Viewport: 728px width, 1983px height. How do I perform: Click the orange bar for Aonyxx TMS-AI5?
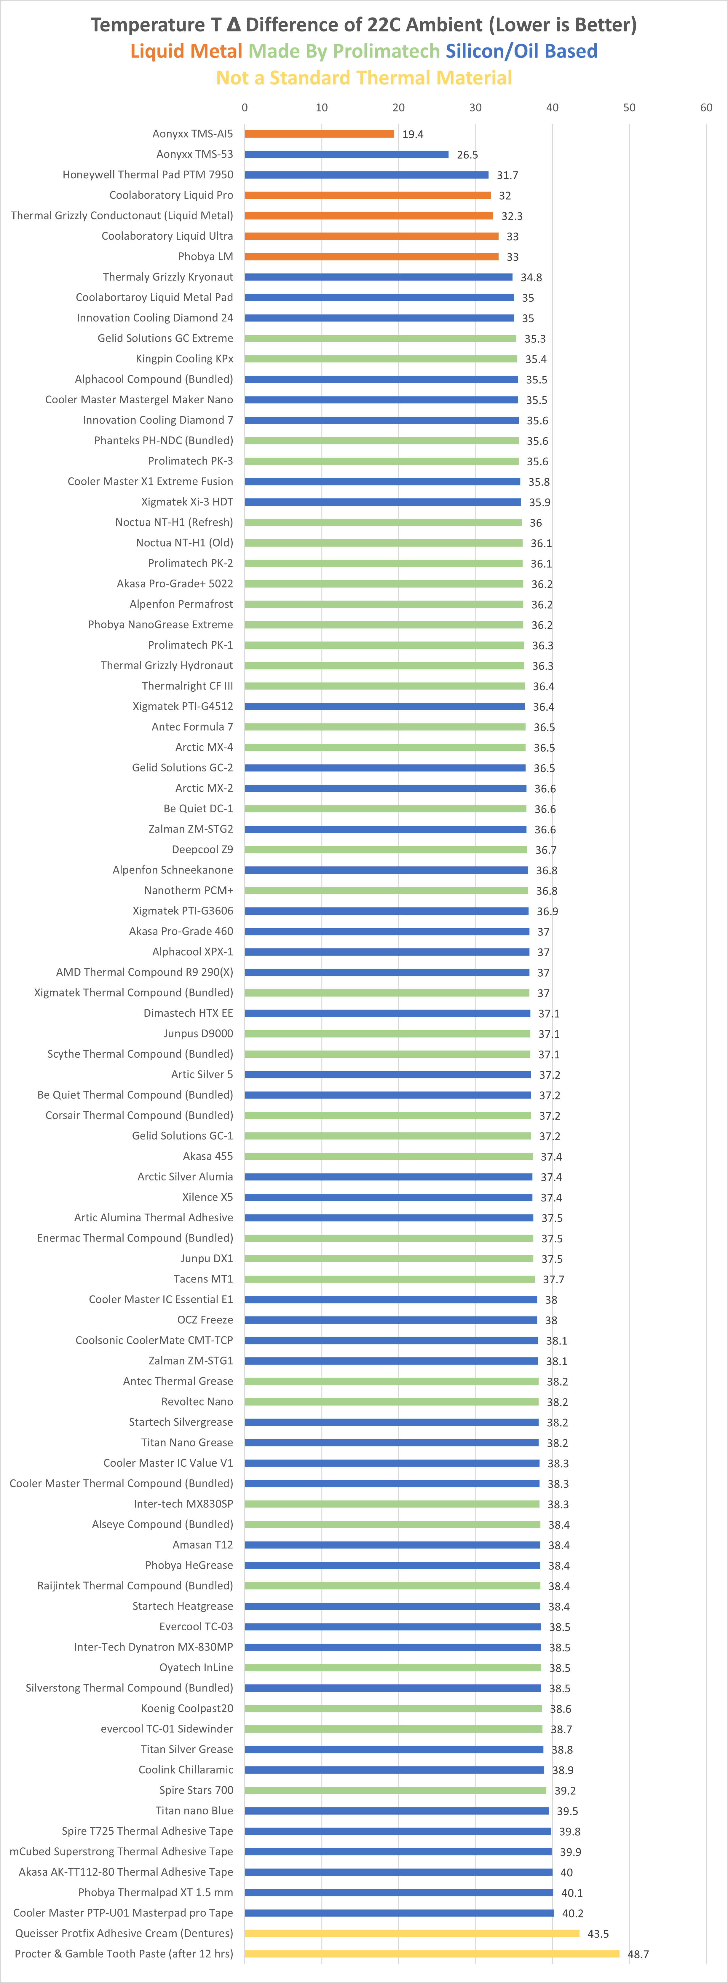point(319,134)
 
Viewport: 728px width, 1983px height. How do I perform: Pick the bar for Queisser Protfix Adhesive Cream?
point(412,1933)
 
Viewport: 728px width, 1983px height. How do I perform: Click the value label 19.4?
point(413,135)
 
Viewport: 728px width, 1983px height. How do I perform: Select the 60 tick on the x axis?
point(706,108)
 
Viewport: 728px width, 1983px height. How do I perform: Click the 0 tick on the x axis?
point(245,108)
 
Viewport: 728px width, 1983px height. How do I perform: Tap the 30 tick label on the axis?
point(475,108)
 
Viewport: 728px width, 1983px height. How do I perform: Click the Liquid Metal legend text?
point(186,52)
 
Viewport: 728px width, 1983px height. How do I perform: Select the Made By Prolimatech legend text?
point(344,52)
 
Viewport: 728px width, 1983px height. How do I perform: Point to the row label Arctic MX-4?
point(204,747)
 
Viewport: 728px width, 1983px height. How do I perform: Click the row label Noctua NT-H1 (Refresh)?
point(174,523)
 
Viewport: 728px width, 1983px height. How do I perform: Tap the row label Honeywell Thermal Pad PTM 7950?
point(148,175)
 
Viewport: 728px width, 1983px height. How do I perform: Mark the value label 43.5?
point(598,1934)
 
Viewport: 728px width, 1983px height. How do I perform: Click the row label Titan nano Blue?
point(194,1811)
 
